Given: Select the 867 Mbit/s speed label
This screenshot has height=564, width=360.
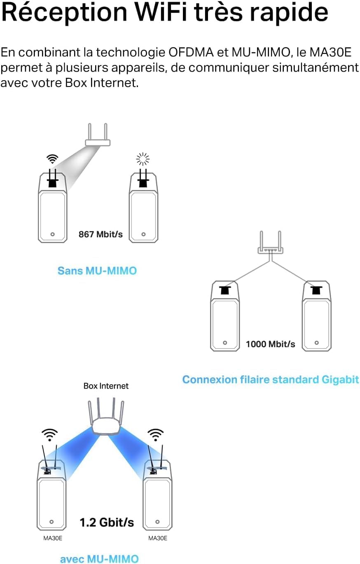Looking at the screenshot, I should coord(101,234).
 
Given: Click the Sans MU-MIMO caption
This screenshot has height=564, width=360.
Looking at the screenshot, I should coord(97,271).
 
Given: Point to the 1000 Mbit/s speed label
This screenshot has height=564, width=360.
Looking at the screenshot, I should coord(270,344).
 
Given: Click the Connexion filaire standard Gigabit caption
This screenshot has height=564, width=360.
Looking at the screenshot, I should coord(271,379).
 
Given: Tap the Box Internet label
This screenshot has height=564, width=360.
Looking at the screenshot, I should coord(106,386).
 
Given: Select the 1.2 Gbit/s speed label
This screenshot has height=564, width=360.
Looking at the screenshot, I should coord(106,522).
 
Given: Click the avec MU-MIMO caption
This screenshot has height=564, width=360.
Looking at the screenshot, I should coord(99,559).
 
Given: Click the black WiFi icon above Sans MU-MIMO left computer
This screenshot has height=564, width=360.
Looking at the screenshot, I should coord(52,159).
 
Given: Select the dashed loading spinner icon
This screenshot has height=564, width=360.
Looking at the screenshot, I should coord(143,158).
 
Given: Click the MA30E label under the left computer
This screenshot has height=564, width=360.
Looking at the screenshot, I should coord(53,538).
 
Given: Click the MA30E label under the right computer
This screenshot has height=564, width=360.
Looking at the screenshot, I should coord(157,538).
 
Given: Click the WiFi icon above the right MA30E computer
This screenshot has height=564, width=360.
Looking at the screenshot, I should coord(156,434).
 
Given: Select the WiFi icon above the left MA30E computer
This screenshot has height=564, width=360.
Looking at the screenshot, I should coord(49,434).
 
